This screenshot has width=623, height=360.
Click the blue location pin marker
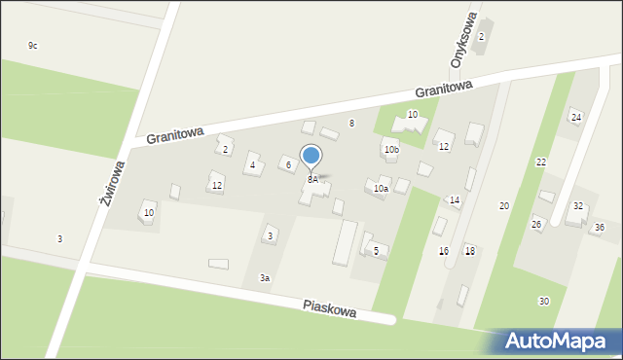[x=311, y=157]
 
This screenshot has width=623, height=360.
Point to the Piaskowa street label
[x=328, y=308]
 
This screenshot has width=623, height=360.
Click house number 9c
[x=32, y=46]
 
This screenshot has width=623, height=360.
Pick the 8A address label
[x=312, y=180]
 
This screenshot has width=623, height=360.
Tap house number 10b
[x=391, y=150]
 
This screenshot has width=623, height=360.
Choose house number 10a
[x=381, y=189]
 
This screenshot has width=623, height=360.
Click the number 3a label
[x=264, y=278]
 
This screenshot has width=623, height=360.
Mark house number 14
[x=455, y=200]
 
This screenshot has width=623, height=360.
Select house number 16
[x=444, y=251]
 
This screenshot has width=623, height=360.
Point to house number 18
[x=469, y=251]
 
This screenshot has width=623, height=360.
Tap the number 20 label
[x=504, y=206]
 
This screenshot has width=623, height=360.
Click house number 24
[x=576, y=118]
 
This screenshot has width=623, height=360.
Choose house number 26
[x=536, y=225]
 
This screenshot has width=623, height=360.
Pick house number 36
[x=600, y=227]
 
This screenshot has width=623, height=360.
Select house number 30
[x=543, y=301]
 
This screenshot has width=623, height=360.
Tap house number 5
[x=376, y=250]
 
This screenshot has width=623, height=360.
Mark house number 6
[x=288, y=164]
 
